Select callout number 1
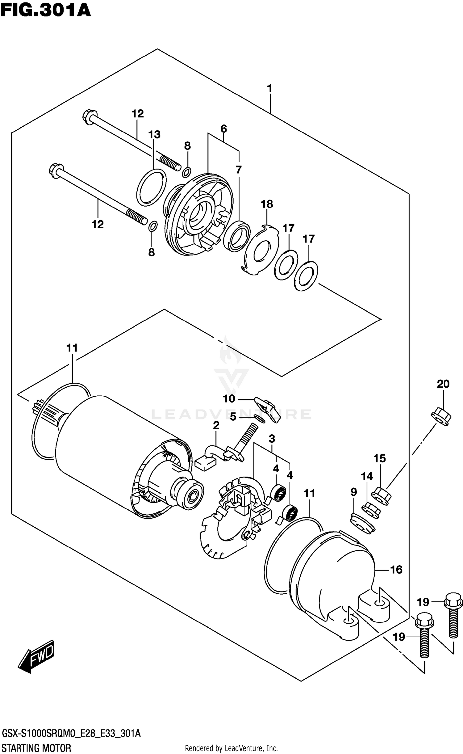pyautogui.click(x=269, y=89)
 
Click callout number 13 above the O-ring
pyautogui.click(x=154, y=135)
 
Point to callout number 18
pyautogui.click(x=267, y=204)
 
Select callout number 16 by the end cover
pyautogui.click(x=396, y=570)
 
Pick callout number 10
pyautogui.click(x=229, y=399)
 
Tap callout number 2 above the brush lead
pyautogui.click(x=216, y=425)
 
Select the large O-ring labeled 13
pyautogui.click(x=151, y=187)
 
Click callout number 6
pyautogui.click(x=223, y=128)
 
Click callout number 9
pyautogui.click(x=354, y=492)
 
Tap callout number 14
pyautogui.click(x=367, y=477)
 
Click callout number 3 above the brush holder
pyautogui.click(x=272, y=439)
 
